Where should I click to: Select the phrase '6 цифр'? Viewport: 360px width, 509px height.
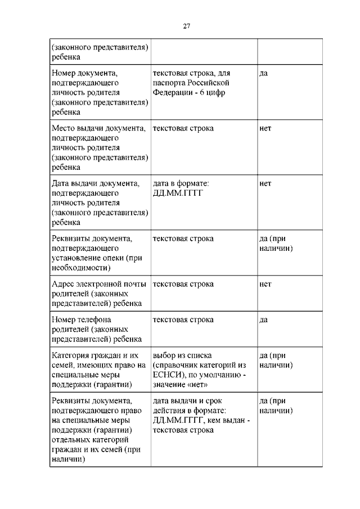point(212,92)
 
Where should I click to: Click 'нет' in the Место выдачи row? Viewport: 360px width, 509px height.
point(265,128)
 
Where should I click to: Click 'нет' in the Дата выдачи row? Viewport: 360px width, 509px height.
point(265,183)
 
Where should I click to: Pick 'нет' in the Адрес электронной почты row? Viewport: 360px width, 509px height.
point(265,284)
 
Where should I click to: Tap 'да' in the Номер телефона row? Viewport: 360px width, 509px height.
point(263,319)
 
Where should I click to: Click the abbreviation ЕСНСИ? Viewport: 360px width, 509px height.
point(168,375)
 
